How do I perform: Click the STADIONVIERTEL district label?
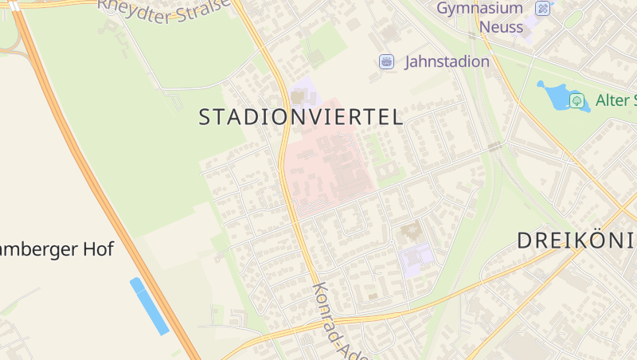click(300, 118)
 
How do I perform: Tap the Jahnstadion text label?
click(447, 61)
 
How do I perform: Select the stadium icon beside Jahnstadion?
click(386, 61)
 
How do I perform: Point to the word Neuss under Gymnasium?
click(501, 27)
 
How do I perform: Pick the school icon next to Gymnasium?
click(543, 9)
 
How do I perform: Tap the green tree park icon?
click(577, 100)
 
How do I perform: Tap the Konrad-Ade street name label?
click(334, 323)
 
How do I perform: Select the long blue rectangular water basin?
click(150, 306)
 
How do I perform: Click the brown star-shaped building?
click(411, 233)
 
